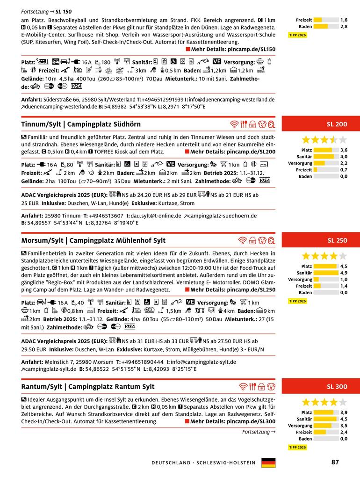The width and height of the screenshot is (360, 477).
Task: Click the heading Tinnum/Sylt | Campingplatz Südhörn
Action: point(81,124)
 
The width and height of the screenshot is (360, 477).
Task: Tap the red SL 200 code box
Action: point(321,124)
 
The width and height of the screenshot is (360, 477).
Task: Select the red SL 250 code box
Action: point(321,241)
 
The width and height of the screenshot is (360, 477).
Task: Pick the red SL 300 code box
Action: point(321,387)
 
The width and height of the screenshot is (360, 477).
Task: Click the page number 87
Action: point(335,462)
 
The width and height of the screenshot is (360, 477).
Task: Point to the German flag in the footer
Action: point(268,463)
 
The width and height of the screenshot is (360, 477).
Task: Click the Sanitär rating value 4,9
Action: point(344,273)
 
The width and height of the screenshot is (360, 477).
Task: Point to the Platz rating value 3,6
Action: point(344,150)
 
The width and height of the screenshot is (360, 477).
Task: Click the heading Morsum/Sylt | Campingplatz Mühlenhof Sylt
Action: point(94,241)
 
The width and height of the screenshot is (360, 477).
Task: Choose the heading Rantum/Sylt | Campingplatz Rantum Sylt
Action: point(88,387)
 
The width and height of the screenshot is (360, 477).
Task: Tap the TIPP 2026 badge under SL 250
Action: point(297,301)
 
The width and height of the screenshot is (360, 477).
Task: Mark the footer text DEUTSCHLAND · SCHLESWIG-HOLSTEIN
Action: point(203,463)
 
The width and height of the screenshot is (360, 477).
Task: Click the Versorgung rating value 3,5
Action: point(344,426)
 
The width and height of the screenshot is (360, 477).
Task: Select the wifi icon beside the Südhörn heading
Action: point(234,124)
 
